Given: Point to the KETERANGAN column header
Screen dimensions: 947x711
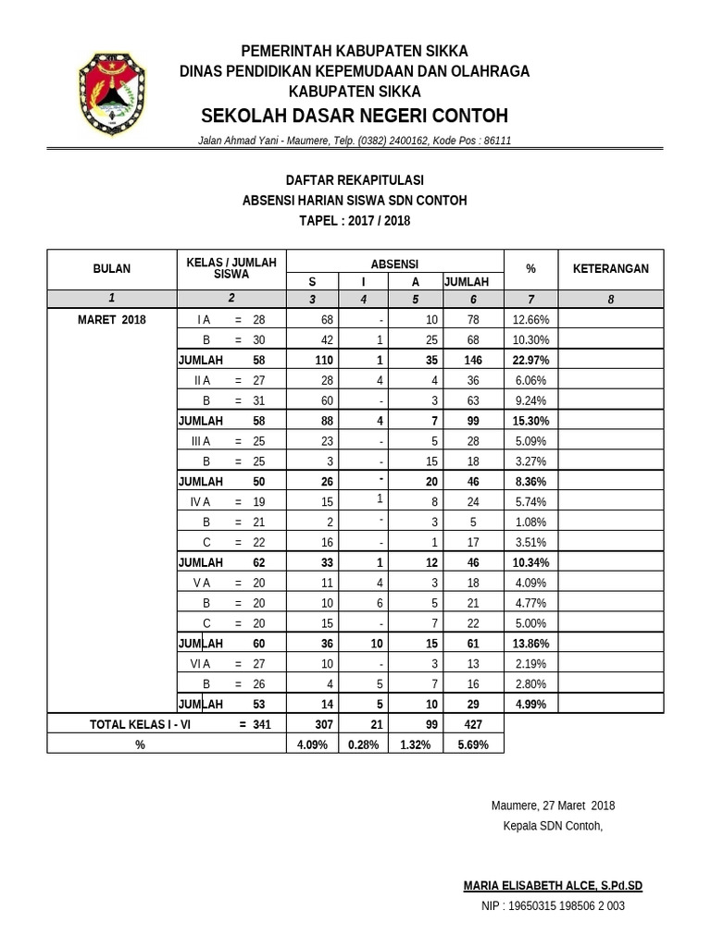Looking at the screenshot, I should coord(610,269).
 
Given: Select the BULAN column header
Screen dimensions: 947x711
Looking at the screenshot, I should coord(111,269).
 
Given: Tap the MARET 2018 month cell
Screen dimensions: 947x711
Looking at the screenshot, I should coord(111,319).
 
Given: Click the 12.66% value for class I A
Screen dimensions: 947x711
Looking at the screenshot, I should coord(530,319).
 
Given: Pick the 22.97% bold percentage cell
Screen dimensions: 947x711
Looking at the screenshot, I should coord(530,360).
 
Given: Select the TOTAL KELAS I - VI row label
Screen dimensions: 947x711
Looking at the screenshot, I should coord(140,725).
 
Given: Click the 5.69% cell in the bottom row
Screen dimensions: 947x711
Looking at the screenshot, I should coord(472,744).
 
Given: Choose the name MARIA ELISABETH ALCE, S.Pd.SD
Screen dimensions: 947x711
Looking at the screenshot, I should coord(553,886).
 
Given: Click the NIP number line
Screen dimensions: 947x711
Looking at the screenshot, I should coord(553,906).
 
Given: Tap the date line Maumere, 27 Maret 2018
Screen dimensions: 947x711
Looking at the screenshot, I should coord(553,806).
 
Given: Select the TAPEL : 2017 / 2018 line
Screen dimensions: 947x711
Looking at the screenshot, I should coord(355,221).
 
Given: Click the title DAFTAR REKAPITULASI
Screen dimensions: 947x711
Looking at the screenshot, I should coord(355,180).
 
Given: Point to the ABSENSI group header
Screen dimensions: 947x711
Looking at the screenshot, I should coord(394,264).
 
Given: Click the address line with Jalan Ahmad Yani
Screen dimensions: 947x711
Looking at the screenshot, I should coord(355,141).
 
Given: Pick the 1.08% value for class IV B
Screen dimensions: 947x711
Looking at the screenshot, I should coord(530,523).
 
